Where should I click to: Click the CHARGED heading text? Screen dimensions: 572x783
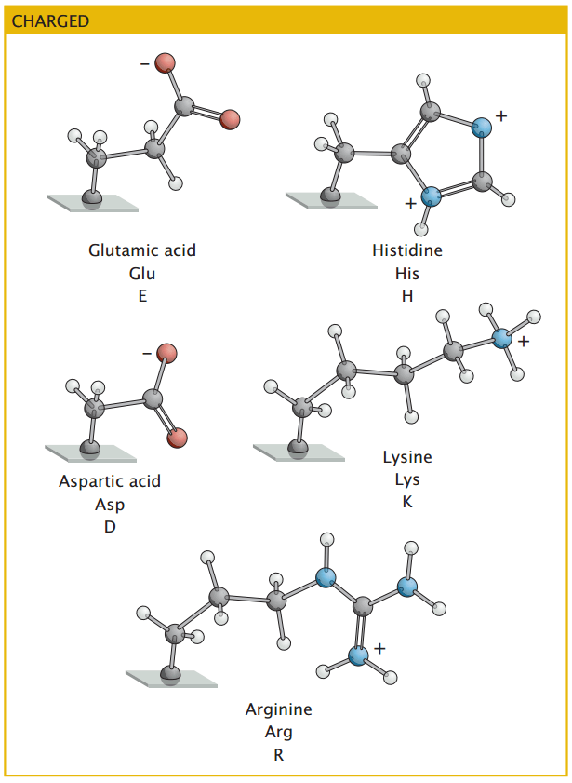[51, 20]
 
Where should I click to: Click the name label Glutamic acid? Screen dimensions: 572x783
[142, 250]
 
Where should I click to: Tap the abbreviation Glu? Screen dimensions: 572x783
[142, 274]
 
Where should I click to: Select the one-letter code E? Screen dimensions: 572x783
[142, 297]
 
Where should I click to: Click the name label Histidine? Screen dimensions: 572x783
[407, 250]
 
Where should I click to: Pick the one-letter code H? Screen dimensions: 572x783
[407, 297]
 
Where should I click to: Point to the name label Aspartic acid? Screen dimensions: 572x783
[110, 481]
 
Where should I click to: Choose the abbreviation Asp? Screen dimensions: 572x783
[110, 505]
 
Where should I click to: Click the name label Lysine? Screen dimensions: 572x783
[407, 457]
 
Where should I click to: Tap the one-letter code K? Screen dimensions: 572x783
[407, 503]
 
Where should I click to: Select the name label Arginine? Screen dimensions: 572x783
[279, 709]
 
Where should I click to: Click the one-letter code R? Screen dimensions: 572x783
[279, 755]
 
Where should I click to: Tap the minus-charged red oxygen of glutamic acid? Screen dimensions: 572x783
[166, 63]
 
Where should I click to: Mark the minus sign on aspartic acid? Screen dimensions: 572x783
[146, 355]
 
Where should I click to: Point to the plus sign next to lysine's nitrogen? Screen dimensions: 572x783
[524, 343]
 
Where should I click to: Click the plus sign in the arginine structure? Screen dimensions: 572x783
[379, 646]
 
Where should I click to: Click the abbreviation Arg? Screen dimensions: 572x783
[279, 733]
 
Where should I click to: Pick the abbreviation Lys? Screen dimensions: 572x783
[407, 480]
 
